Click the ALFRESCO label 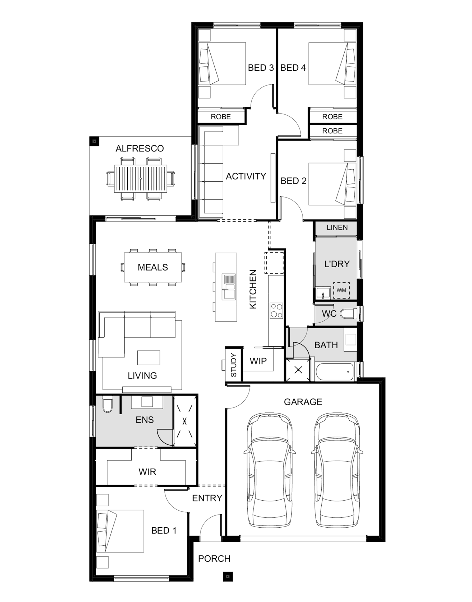coord(140,149)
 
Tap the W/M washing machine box coord(341,290)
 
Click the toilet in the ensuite coord(108,405)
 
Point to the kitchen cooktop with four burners coord(277,310)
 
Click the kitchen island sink coord(229,287)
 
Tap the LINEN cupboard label coord(337,227)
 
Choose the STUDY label coord(234,365)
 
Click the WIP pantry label coord(258,361)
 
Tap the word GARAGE coord(303,402)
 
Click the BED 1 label coord(164,530)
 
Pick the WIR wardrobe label coord(147,472)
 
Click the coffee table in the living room coord(149,358)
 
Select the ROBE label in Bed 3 coord(221,117)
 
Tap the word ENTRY coord(207,498)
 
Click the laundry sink coord(323,293)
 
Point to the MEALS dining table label coord(153,267)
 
